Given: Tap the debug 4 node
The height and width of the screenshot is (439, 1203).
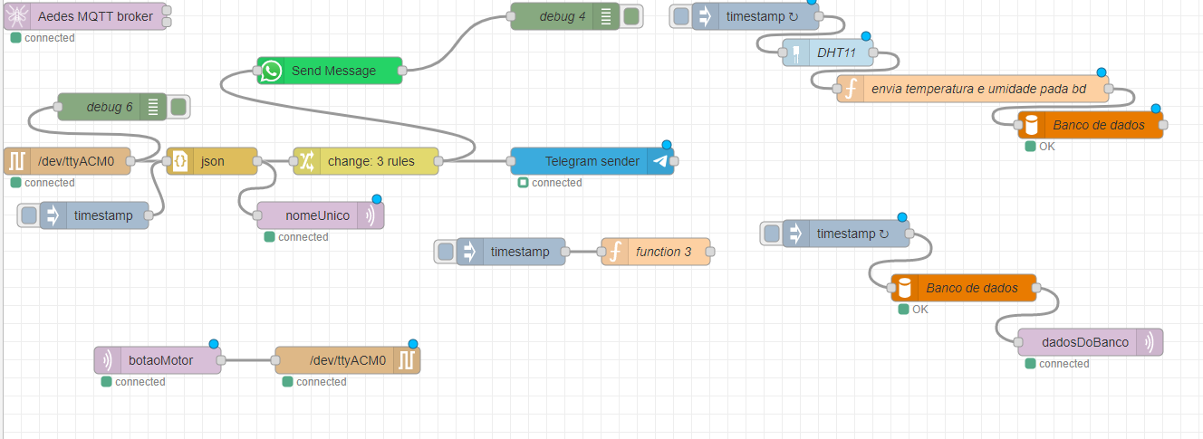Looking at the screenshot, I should point(562,16).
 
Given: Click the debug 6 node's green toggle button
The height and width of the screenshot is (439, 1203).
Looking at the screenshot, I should point(178,107).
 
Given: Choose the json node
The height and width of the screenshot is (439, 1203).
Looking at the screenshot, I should point(212,161).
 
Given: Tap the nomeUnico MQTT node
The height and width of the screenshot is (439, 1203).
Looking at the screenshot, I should point(317,215).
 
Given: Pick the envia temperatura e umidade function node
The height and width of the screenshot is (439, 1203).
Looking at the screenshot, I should point(978,89).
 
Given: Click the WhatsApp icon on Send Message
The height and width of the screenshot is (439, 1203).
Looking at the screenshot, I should point(271,71).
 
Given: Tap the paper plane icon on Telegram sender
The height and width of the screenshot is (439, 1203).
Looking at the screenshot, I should point(660,161).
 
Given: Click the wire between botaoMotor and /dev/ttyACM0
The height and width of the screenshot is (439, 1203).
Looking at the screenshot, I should point(247,360).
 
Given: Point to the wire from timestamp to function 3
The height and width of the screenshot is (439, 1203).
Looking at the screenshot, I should point(582,252).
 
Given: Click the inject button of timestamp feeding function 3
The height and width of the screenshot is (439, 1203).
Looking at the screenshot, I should point(445,252).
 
